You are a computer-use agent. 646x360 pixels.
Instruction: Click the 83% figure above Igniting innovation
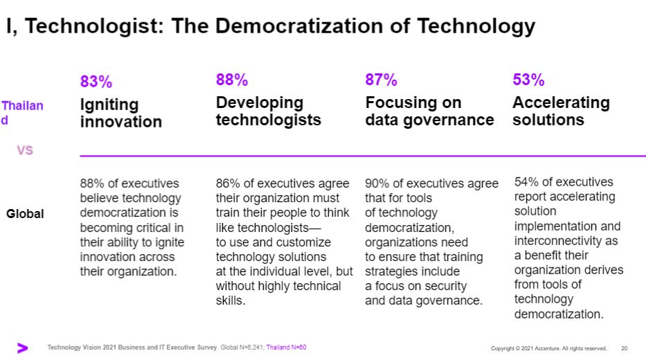[96, 82]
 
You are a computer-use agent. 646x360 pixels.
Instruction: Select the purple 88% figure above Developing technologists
[231, 80]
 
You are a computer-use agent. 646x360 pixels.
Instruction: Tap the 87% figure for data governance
[381, 80]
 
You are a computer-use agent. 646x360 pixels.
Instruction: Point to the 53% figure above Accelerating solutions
[528, 80]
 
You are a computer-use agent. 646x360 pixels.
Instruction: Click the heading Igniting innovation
[120, 113]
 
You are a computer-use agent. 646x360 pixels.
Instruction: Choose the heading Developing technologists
[268, 111]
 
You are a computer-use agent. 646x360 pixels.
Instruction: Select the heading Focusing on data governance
[429, 111]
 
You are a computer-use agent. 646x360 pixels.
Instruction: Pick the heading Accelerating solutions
[561, 111]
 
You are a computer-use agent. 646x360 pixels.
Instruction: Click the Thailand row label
[21, 113]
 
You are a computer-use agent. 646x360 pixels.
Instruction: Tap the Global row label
[25, 214]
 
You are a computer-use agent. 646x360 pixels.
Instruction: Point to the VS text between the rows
[25, 150]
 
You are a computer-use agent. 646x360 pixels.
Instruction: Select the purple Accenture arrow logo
[23, 348]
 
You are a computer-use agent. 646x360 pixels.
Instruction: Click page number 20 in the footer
[624, 348]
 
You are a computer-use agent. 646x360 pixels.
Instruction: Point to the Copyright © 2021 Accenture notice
[548, 348]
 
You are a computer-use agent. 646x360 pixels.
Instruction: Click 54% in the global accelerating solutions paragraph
[526, 182]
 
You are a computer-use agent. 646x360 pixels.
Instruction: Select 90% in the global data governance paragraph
[377, 183]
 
